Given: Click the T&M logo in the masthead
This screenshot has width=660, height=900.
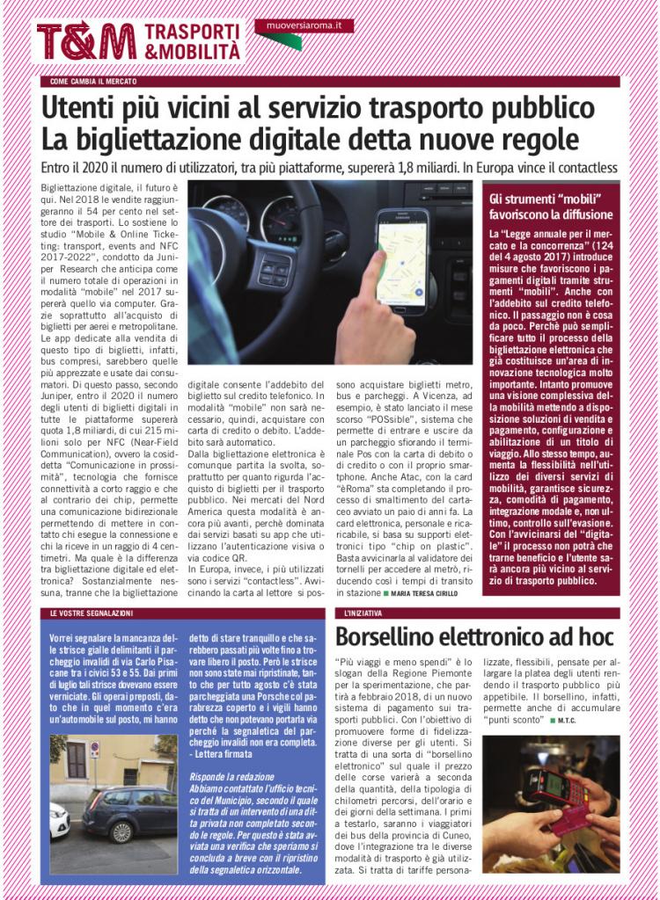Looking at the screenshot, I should (x=85, y=41).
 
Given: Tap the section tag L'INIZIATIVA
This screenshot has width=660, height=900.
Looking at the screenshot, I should (x=363, y=613).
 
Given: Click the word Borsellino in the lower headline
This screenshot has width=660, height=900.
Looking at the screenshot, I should (x=398, y=638).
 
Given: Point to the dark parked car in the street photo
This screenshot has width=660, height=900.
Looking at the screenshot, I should (x=128, y=814).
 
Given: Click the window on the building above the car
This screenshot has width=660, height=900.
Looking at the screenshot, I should (x=77, y=758).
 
